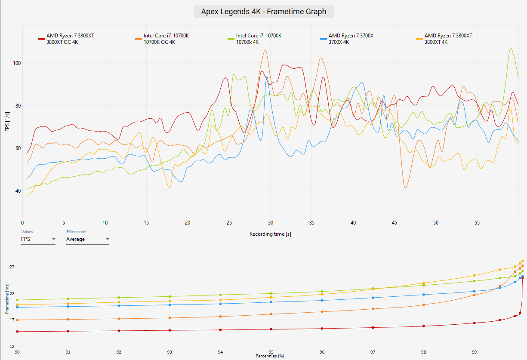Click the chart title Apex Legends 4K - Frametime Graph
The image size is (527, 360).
point(263,11)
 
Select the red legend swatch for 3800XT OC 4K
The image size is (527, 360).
point(41,39)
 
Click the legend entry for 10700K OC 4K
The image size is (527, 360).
point(162,39)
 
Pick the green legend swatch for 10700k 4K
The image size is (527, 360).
point(231,39)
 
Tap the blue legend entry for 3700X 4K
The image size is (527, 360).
point(347,39)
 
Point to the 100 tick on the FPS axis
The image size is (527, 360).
point(17,63)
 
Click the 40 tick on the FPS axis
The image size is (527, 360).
point(18,191)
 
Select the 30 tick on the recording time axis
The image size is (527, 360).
point(270,223)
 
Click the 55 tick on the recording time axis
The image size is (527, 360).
point(477,223)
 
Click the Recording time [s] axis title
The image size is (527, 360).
point(270,234)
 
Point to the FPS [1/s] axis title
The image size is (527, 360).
point(7,122)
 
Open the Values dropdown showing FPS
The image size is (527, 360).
point(38,239)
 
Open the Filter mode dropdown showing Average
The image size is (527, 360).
point(87,239)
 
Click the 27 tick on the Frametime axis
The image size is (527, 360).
point(12,267)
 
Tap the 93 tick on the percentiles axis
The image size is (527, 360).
point(170,352)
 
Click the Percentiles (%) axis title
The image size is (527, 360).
point(270,356)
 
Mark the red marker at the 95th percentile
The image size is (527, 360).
point(271,329)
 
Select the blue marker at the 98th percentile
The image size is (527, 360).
point(423,295)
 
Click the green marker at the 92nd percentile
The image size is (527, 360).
point(119,298)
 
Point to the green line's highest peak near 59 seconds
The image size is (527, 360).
point(511,49)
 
